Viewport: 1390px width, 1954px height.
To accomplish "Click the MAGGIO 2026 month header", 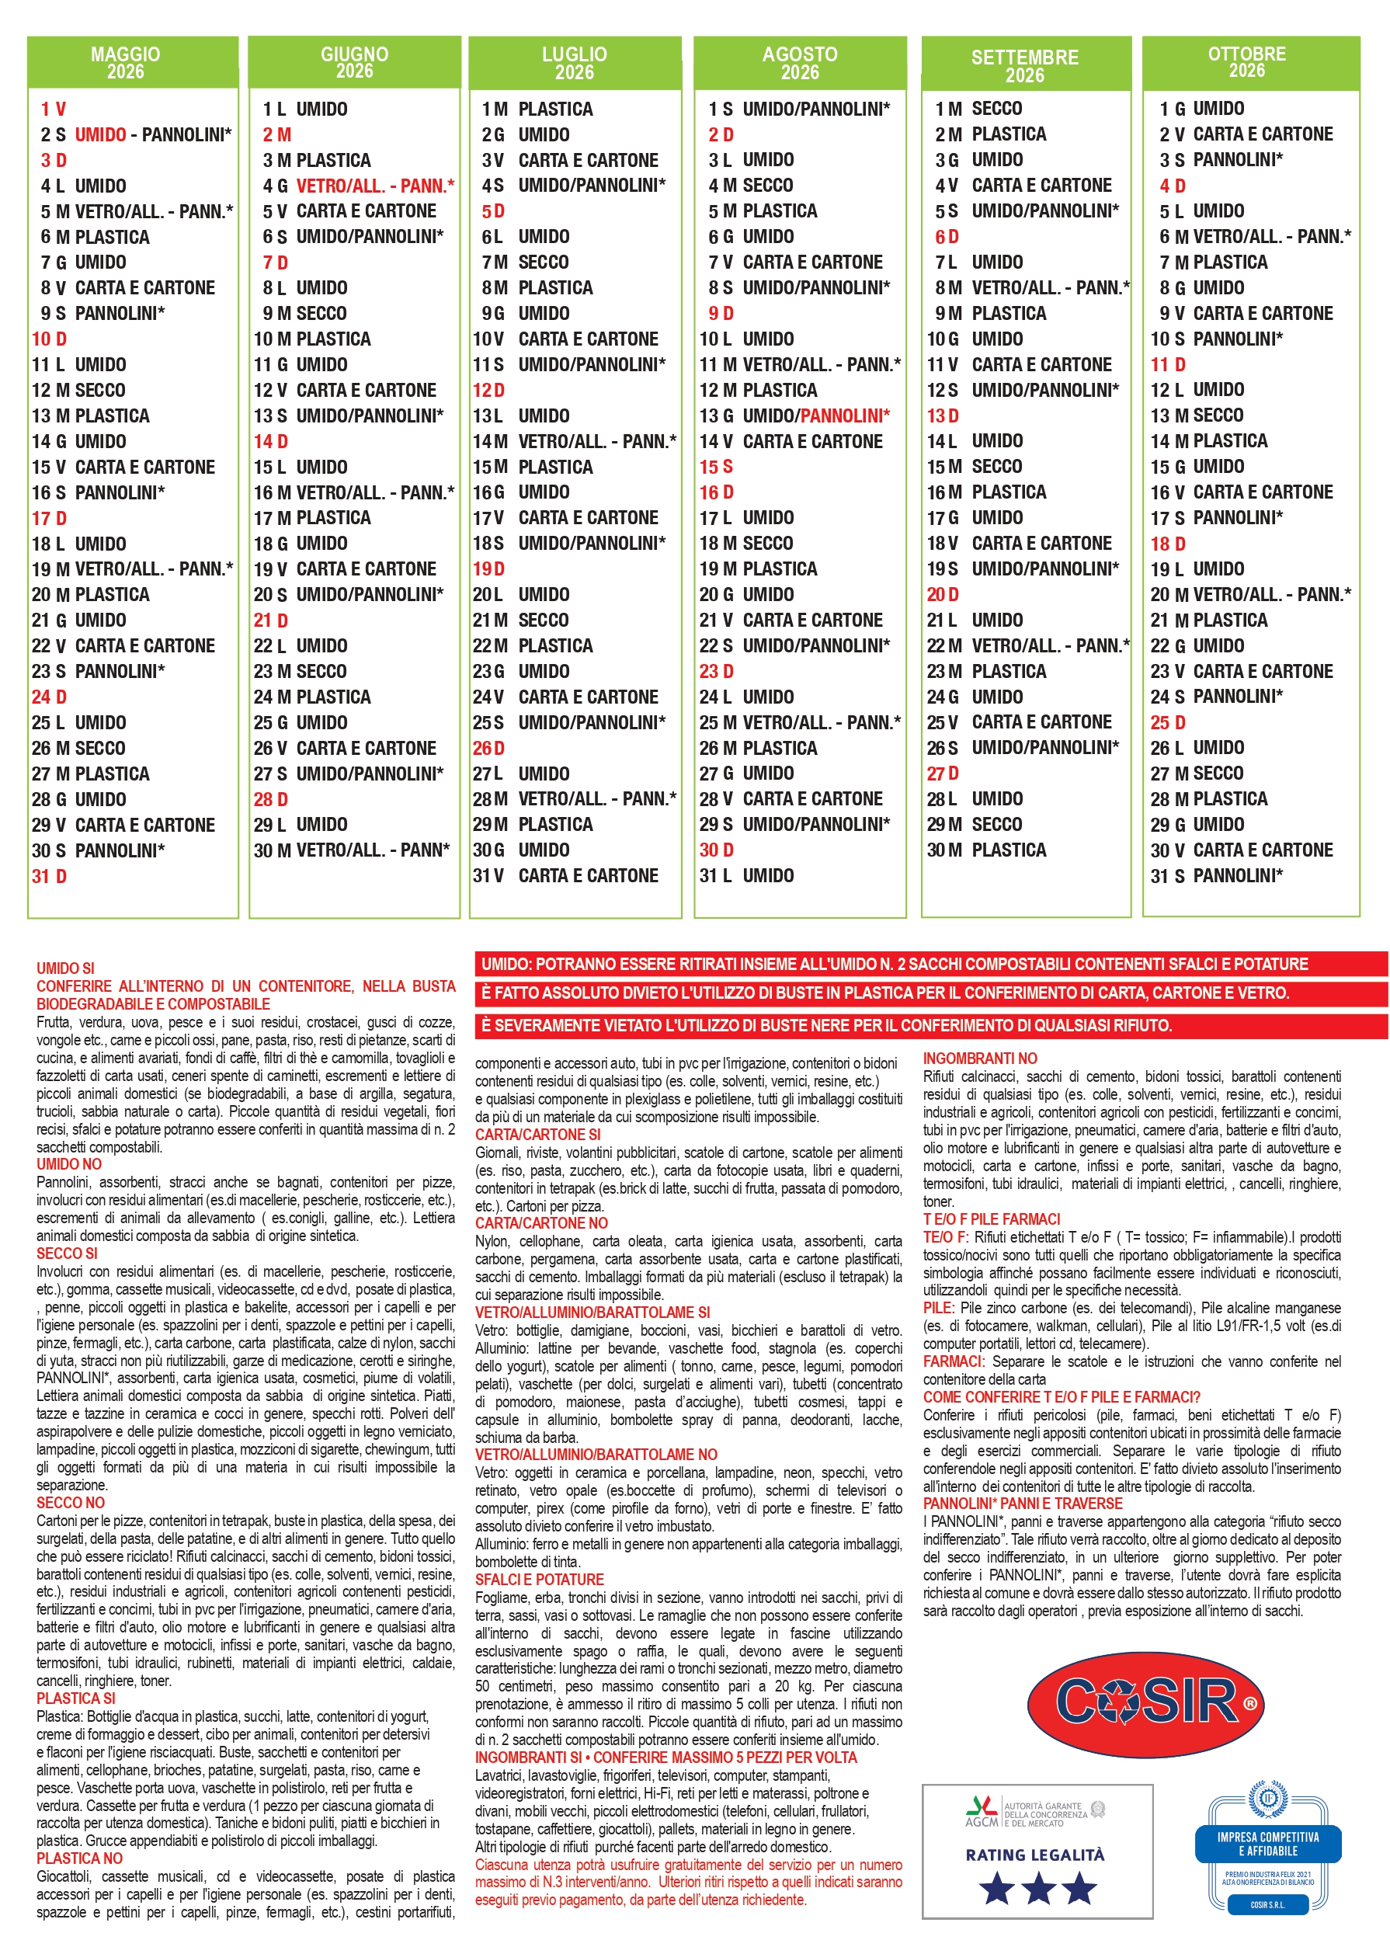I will tap(125, 62).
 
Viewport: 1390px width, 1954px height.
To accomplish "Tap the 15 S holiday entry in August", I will tap(717, 468).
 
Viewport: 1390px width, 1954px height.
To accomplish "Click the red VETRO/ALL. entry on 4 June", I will tap(374, 186).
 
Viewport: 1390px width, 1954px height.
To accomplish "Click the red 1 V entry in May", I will tap(53, 110).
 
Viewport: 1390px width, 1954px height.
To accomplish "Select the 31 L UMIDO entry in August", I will tap(746, 875).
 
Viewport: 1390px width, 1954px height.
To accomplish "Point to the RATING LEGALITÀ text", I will tap(1035, 1855).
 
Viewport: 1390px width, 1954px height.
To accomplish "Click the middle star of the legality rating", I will tap(1037, 1887).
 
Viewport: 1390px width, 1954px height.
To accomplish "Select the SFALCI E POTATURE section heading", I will tap(539, 1579).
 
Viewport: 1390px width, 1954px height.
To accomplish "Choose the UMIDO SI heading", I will tap(65, 968).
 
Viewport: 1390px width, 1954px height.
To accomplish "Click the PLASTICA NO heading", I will tap(78, 1858).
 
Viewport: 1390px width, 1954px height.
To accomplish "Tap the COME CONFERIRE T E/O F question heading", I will tap(1061, 1397).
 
